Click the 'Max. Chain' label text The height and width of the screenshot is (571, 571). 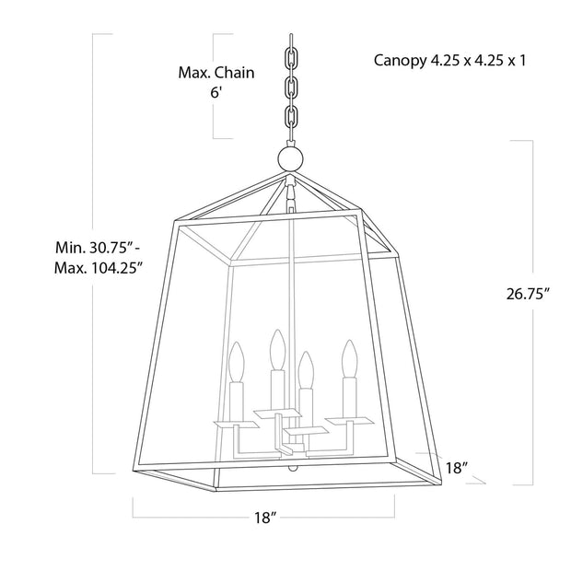(216, 72)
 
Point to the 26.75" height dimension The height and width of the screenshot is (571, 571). (528, 295)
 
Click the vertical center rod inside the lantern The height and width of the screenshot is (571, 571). (291, 276)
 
